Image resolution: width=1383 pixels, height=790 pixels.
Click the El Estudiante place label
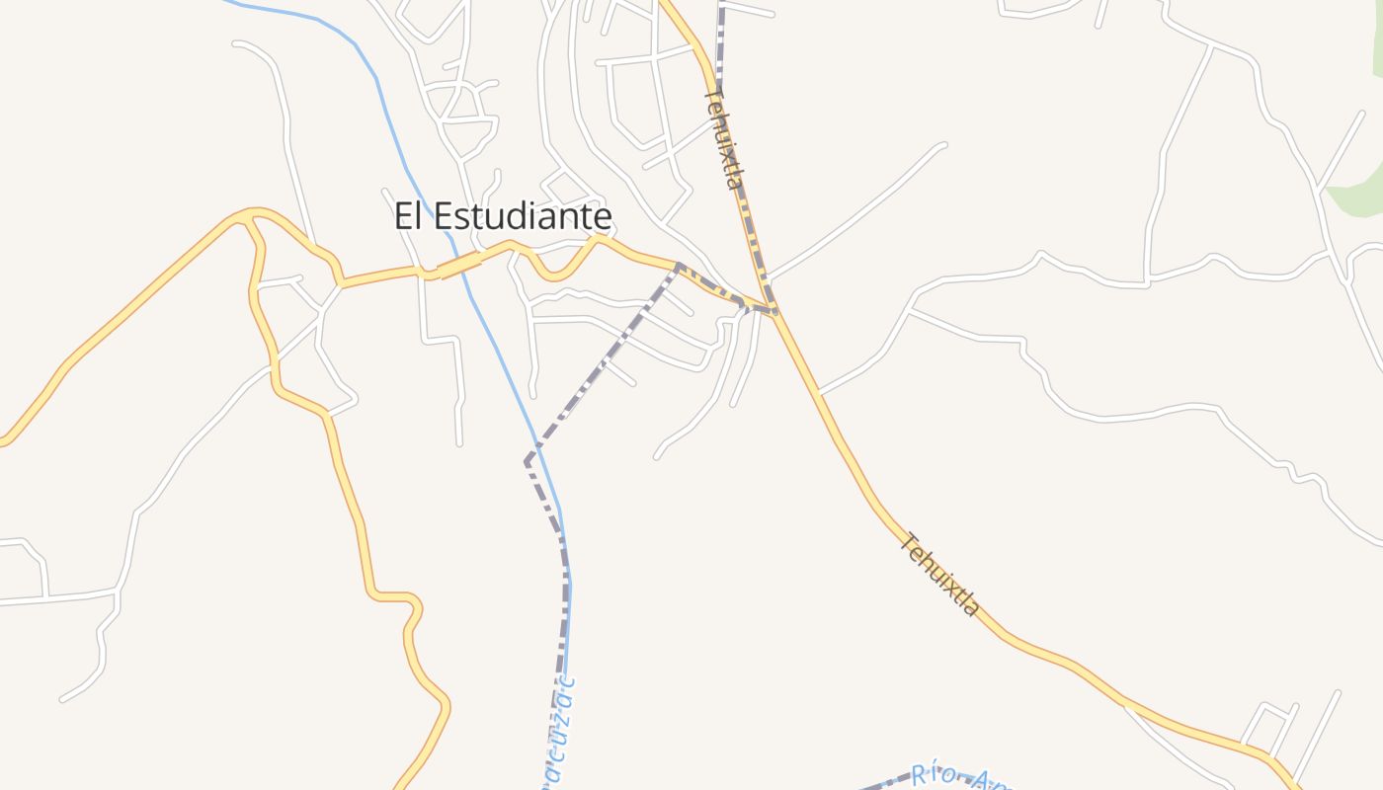click(503, 216)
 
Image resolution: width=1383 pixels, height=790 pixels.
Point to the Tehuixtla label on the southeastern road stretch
click(940, 575)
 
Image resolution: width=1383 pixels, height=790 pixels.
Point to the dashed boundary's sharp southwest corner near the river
click(528, 460)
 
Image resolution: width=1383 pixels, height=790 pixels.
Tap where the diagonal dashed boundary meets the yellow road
click(679, 265)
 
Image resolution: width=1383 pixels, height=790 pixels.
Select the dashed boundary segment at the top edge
click(722, 30)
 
